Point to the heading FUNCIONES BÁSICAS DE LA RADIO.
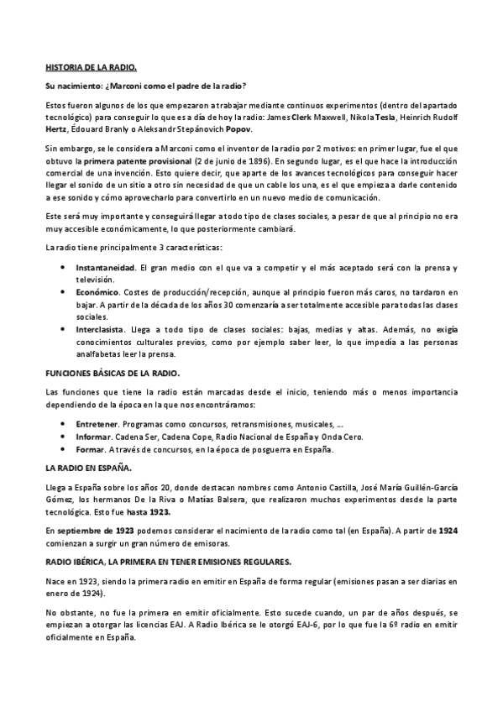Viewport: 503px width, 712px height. click(x=112, y=371)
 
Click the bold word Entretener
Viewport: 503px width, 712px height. click(x=96, y=424)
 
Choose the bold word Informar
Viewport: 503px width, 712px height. click(x=93, y=437)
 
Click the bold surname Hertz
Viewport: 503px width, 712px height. click(x=56, y=130)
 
